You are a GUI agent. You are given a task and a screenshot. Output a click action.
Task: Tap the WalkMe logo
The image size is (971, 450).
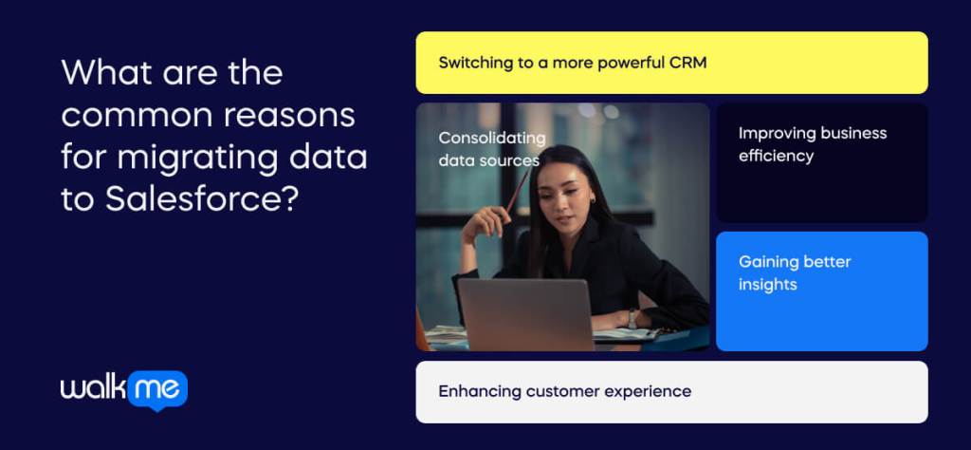pyautogui.click(x=123, y=389)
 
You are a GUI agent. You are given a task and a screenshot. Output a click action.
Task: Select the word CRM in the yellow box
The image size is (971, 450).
pyautogui.click(x=687, y=63)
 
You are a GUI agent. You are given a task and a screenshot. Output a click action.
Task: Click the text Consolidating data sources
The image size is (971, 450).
pyautogui.click(x=491, y=149)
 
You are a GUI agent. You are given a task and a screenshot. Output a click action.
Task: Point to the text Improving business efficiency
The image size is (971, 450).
pyautogui.click(x=812, y=144)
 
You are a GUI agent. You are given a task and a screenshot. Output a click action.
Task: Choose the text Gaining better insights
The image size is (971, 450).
pyautogui.click(x=795, y=272)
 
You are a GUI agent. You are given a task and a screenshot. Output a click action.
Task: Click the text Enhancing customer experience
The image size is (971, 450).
pyautogui.click(x=564, y=391)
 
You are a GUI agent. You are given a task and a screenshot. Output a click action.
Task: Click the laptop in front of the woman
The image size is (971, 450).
pyautogui.click(x=525, y=314)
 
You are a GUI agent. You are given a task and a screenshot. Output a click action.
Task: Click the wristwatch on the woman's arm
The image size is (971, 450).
pyautogui.click(x=632, y=319)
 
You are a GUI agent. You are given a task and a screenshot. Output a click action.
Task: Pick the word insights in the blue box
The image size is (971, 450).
pyautogui.click(x=767, y=285)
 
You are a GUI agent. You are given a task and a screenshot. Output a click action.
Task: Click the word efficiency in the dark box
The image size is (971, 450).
pyautogui.click(x=776, y=157)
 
